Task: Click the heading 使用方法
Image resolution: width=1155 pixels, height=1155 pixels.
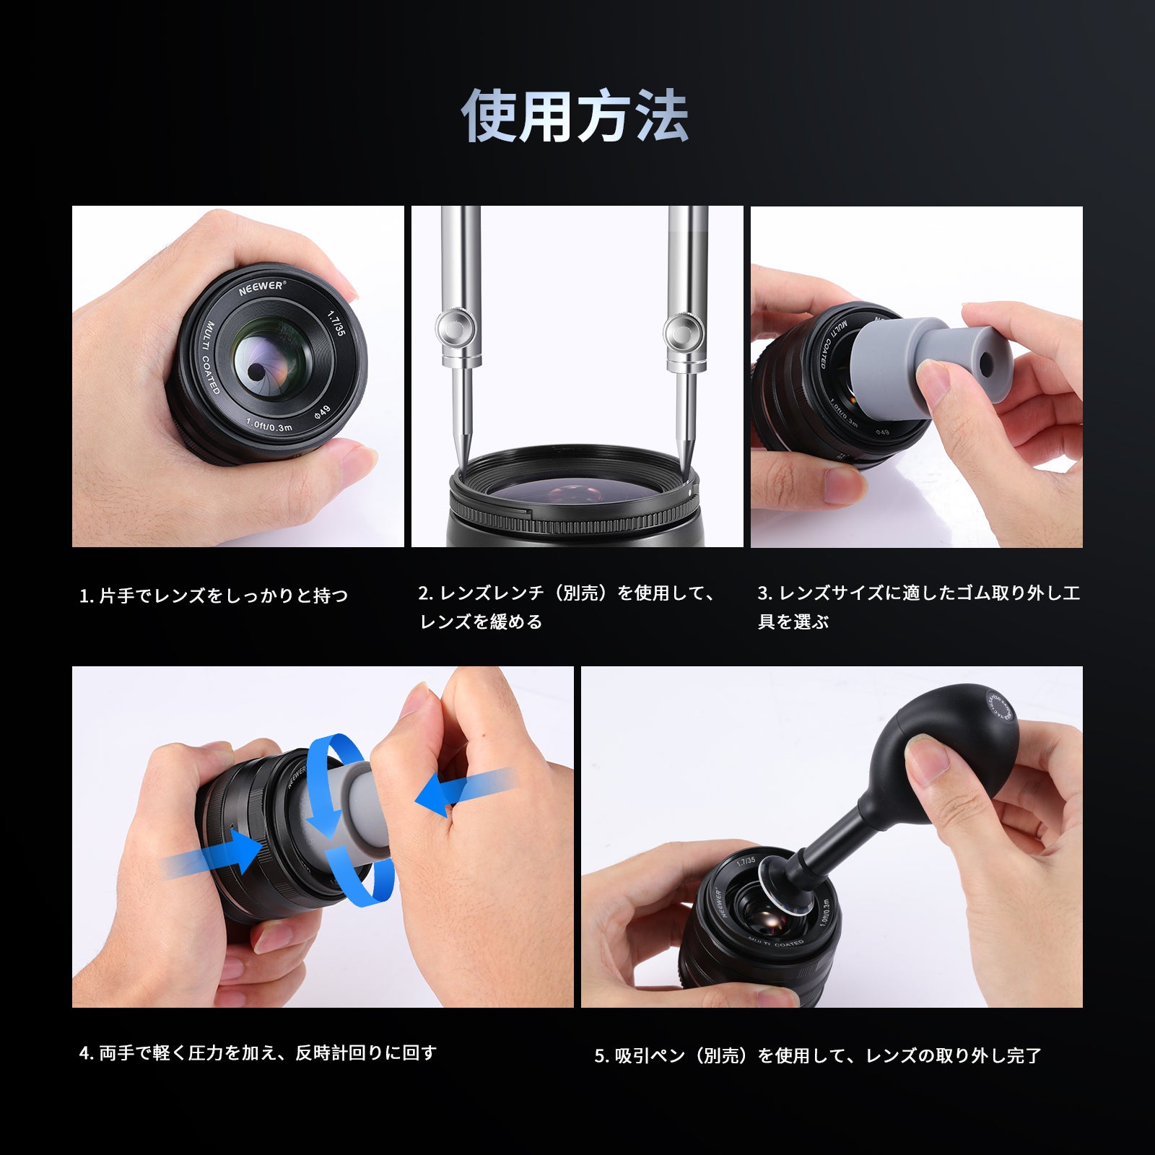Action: [575, 116]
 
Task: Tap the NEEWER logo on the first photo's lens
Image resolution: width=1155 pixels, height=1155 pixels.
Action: [261, 287]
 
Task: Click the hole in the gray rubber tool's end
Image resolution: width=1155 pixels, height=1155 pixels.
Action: [986, 359]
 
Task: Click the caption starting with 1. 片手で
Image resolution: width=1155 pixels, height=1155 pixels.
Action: [214, 596]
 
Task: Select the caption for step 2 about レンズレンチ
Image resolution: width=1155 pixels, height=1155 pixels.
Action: [567, 607]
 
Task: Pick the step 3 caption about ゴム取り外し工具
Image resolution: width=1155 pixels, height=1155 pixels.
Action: [918, 607]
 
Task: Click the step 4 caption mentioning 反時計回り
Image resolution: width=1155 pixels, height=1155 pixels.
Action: [258, 1053]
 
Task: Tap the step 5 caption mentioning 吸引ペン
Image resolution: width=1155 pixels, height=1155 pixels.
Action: [818, 1056]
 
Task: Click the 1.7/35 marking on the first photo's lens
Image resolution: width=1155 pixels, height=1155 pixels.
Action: [337, 323]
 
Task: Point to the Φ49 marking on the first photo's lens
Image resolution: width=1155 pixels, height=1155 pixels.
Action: [321, 412]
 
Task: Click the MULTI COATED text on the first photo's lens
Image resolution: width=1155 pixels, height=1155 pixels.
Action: [209, 358]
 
